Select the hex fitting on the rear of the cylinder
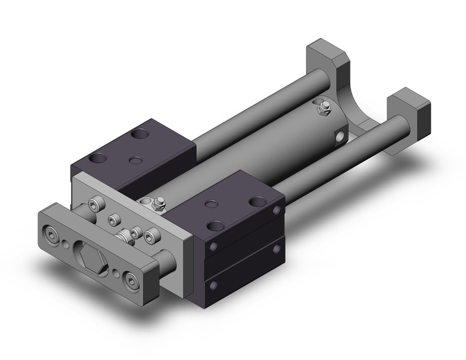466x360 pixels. click(323, 110)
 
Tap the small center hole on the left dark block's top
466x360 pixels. click(136, 161)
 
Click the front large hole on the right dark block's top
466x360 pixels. click(215, 226)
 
